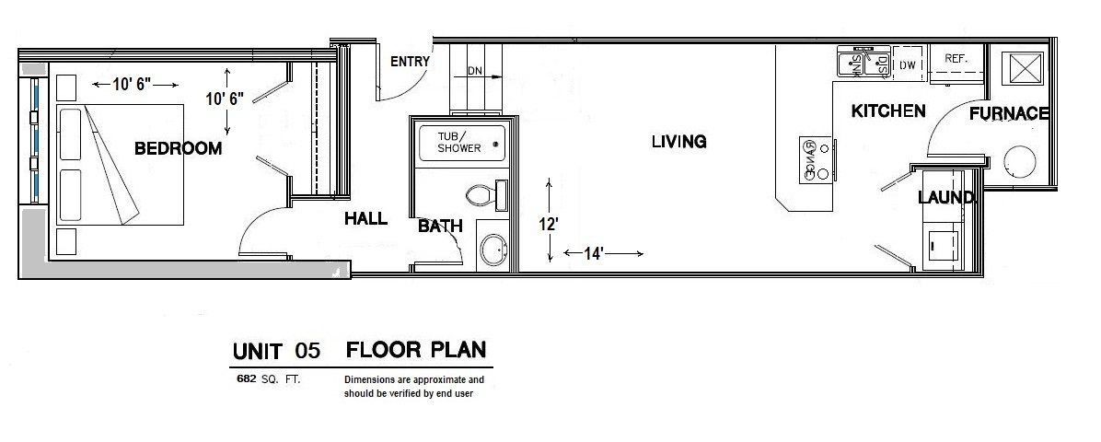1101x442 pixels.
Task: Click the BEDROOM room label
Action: tap(178, 148)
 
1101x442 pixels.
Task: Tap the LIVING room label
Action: tap(678, 142)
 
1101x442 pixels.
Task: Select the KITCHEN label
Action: tap(887, 111)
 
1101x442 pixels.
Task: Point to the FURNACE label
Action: tap(1008, 114)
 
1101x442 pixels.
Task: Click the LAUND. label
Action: tap(945, 198)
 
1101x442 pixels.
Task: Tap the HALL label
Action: tap(365, 219)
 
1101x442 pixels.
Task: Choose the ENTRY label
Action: tap(410, 63)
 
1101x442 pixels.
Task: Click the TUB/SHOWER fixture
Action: tap(459, 143)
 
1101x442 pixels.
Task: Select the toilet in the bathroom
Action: tap(483, 195)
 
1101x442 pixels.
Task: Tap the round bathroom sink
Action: tap(494, 250)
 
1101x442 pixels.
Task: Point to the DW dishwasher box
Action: tap(907, 64)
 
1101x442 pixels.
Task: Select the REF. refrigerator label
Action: tap(954, 58)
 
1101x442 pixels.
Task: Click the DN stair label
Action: tap(475, 71)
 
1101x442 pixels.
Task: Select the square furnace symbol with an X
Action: tap(1023, 69)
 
